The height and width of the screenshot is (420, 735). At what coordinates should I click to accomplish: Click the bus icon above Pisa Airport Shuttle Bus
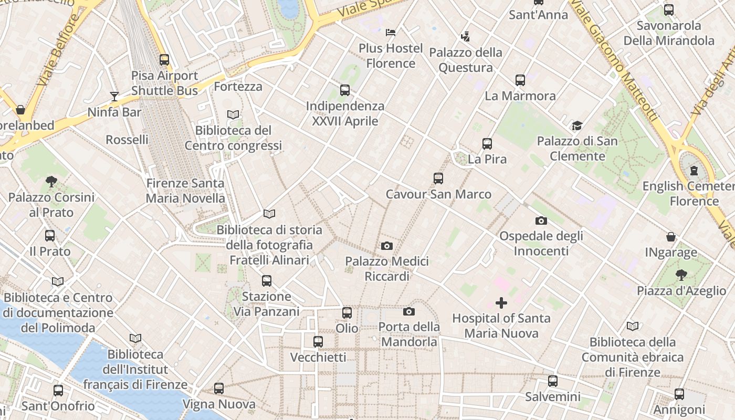(x=164, y=60)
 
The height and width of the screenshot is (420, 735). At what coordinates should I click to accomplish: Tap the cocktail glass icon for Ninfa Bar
(x=114, y=96)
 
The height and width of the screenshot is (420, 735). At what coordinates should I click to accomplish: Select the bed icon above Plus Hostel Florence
(x=391, y=33)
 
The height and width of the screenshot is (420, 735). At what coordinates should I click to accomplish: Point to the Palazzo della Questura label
(x=466, y=60)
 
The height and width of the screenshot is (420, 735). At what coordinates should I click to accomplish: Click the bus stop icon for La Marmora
(x=520, y=80)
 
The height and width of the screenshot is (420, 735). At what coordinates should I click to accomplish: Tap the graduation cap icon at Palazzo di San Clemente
(x=577, y=125)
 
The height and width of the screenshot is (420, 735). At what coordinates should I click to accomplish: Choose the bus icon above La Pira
(x=487, y=143)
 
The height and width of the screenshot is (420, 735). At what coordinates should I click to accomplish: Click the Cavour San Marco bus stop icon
(x=438, y=178)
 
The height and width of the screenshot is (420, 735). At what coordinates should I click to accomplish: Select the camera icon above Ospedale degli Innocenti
(x=541, y=220)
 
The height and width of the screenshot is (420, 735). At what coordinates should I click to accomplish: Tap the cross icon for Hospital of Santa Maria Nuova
(x=501, y=302)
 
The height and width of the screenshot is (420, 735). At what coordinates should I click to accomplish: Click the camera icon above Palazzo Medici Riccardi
(x=387, y=246)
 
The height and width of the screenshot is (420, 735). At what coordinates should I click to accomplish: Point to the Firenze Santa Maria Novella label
(x=185, y=191)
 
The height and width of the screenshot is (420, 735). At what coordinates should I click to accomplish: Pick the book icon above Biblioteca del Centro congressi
(x=233, y=114)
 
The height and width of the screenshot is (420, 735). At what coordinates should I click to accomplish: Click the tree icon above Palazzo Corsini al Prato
(x=51, y=182)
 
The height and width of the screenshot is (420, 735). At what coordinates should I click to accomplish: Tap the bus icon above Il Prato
(x=50, y=236)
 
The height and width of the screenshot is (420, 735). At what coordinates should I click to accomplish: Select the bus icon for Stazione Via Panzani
(x=267, y=281)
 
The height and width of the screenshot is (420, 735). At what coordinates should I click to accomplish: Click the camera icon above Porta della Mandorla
(x=409, y=311)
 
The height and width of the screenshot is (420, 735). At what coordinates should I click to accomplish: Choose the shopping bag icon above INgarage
(x=671, y=237)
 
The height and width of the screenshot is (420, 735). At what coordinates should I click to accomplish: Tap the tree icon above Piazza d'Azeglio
(x=681, y=275)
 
